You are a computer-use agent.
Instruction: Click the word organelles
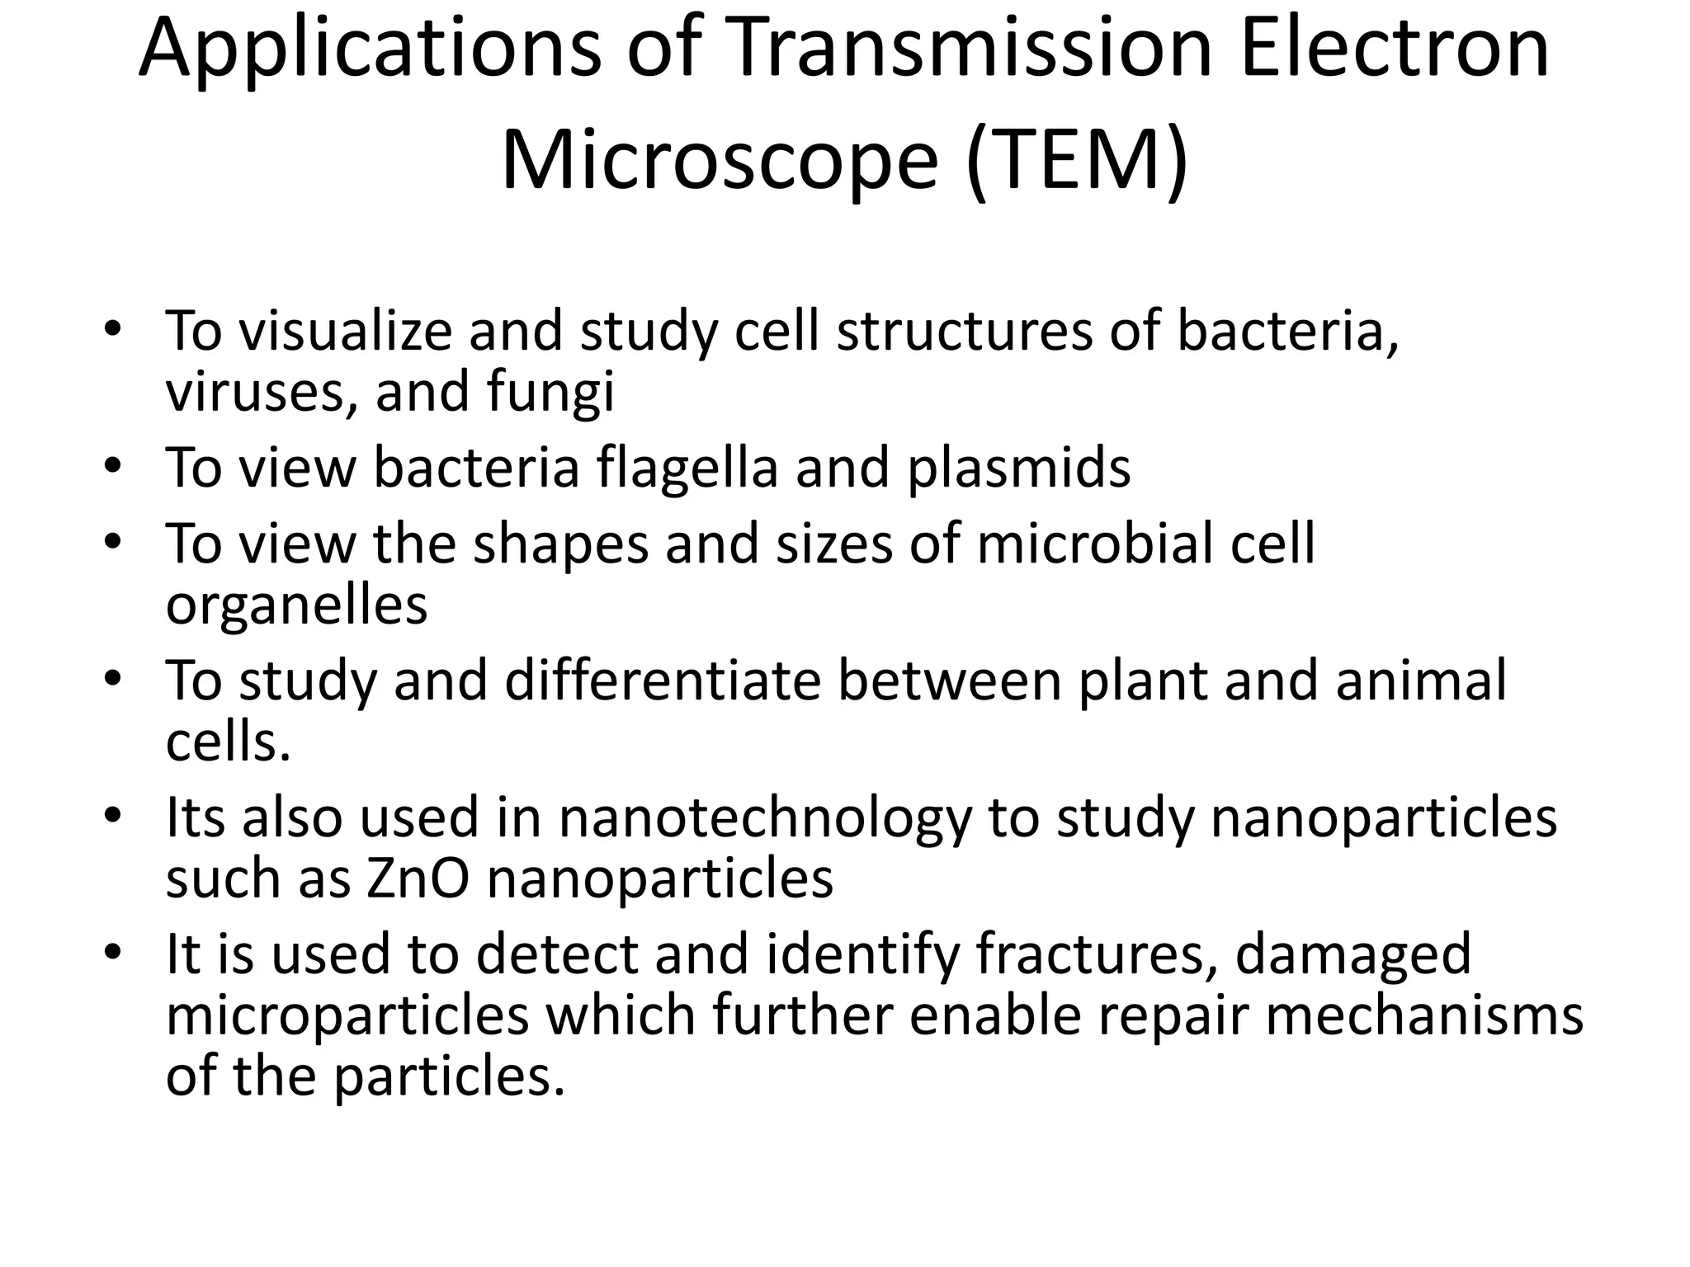[x=296, y=606]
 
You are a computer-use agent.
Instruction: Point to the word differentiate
[x=663, y=681]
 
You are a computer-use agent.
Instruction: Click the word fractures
[x=1097, y=954]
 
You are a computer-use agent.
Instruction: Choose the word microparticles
[x=347, y=1016]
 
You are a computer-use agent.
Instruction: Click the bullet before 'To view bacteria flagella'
[x=113, y=466]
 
